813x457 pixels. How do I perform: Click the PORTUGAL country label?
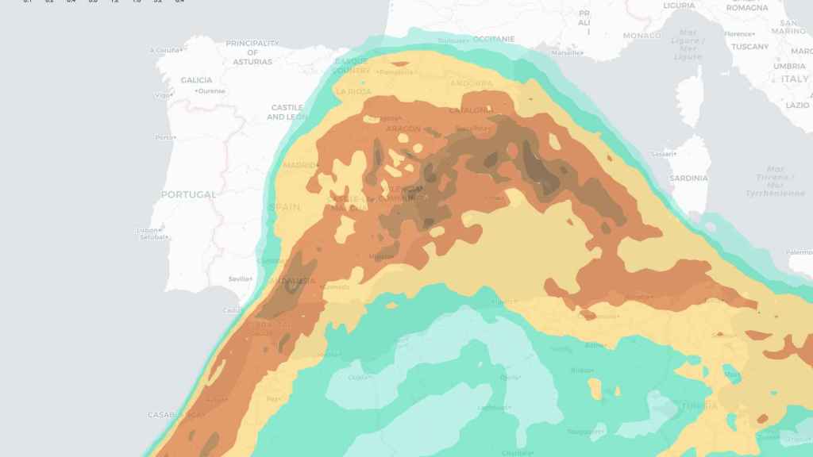[188, 194]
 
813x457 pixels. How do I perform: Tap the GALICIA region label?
[196, 80]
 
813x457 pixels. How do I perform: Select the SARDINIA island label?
[688, 179]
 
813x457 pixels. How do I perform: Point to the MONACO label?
[642, 36]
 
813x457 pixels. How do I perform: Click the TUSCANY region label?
[749, 47]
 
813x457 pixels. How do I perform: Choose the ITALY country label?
[795, 79]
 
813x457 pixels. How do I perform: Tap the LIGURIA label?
[679, 6]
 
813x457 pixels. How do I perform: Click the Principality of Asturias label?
[252, 52]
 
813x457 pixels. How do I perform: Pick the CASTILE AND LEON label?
[287, 112]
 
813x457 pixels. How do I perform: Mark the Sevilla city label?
[240, 279]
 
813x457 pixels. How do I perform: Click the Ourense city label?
[211, 91]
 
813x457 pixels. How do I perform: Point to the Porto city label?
[165, 137]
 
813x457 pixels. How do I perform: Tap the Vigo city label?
[163, 95]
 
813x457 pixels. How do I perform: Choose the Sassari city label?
[661, 154]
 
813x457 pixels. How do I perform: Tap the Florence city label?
[740, 34]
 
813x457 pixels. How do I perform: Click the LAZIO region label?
[797, 105]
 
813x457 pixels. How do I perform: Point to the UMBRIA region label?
[789, 67]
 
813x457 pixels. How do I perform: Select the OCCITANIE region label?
[494, 39]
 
